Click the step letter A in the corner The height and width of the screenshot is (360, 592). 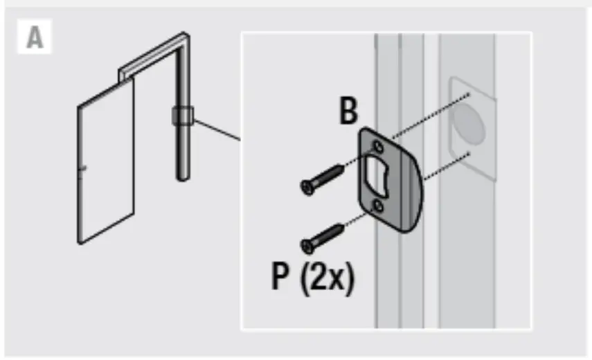coord(34,38)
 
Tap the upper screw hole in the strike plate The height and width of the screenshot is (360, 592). coord(377,146)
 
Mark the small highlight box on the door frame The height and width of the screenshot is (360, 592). coord(182,116)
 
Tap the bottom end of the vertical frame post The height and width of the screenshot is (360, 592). coord(182,177)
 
